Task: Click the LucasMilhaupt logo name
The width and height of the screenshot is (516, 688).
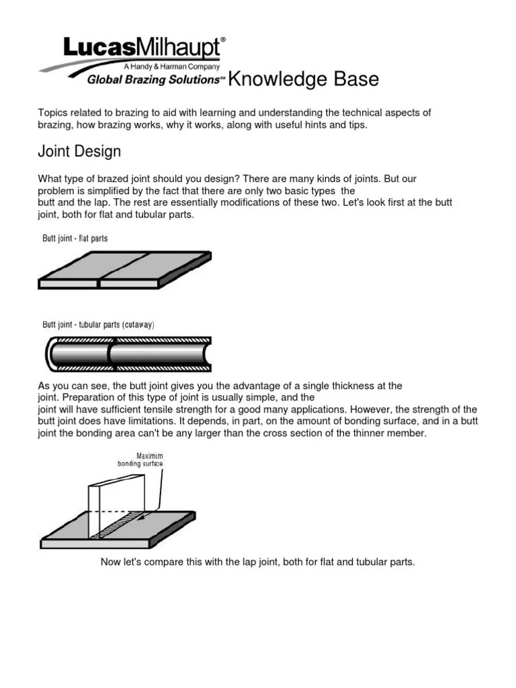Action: pyautogui.click(x=142, y=48)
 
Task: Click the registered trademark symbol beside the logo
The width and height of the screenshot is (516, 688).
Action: pyautogui.click(x=223, y=40)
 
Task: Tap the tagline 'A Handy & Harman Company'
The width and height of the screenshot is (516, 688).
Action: pyautogui.click(x=171, y=67)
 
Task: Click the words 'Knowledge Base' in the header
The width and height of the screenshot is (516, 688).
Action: pyautogui.click(x=304, y=79)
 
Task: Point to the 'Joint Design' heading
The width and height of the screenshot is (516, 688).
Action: pyautogui.click(x=79, y=151)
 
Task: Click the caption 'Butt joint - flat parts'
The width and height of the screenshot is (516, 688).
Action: pyautogui.click(x=75, y=239)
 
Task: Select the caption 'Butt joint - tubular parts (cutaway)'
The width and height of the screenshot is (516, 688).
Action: pyautogui.click(x=99, y=325)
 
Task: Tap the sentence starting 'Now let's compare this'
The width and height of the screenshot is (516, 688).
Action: pyautogui.click(x=258, y=562)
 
